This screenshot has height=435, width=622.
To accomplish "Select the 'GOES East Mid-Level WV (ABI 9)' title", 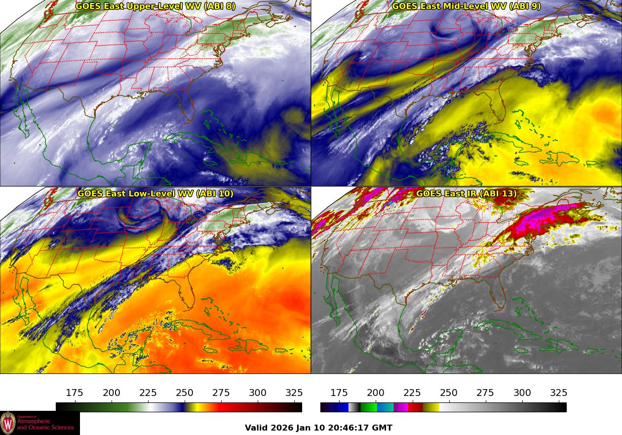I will tap(466, 6).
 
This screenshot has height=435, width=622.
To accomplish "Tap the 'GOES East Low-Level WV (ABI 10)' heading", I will tap(155, 194).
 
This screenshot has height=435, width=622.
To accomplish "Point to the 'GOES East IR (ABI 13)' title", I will tap(466, 194).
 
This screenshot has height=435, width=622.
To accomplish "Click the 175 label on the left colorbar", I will tap(75, 393).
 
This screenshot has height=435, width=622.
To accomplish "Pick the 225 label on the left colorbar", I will tap(148, 393).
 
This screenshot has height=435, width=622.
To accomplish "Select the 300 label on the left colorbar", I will tap(258, 393).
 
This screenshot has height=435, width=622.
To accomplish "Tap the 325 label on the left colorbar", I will tap(294, 393).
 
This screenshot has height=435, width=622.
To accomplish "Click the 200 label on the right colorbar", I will tap(376, 393).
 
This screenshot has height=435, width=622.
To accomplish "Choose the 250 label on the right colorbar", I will tap(449, 393).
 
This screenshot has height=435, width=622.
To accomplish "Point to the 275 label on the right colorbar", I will tap(485, 393).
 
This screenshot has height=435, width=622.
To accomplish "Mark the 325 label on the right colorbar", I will tap(559, 393).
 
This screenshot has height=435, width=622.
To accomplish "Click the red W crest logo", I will tap(8, 423).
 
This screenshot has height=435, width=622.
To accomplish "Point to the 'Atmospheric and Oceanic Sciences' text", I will tap(45, 424).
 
